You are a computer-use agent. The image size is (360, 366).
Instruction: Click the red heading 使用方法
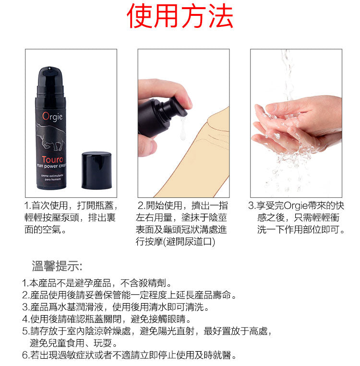180,17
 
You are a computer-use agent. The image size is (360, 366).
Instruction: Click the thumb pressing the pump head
181,98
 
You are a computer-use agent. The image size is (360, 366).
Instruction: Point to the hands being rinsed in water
295,125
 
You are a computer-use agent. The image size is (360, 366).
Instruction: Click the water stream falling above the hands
288,72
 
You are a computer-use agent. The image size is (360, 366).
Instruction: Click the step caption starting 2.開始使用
182,223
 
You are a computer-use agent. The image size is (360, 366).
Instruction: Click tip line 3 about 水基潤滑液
115,307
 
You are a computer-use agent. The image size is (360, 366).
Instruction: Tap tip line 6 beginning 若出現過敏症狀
130,355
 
